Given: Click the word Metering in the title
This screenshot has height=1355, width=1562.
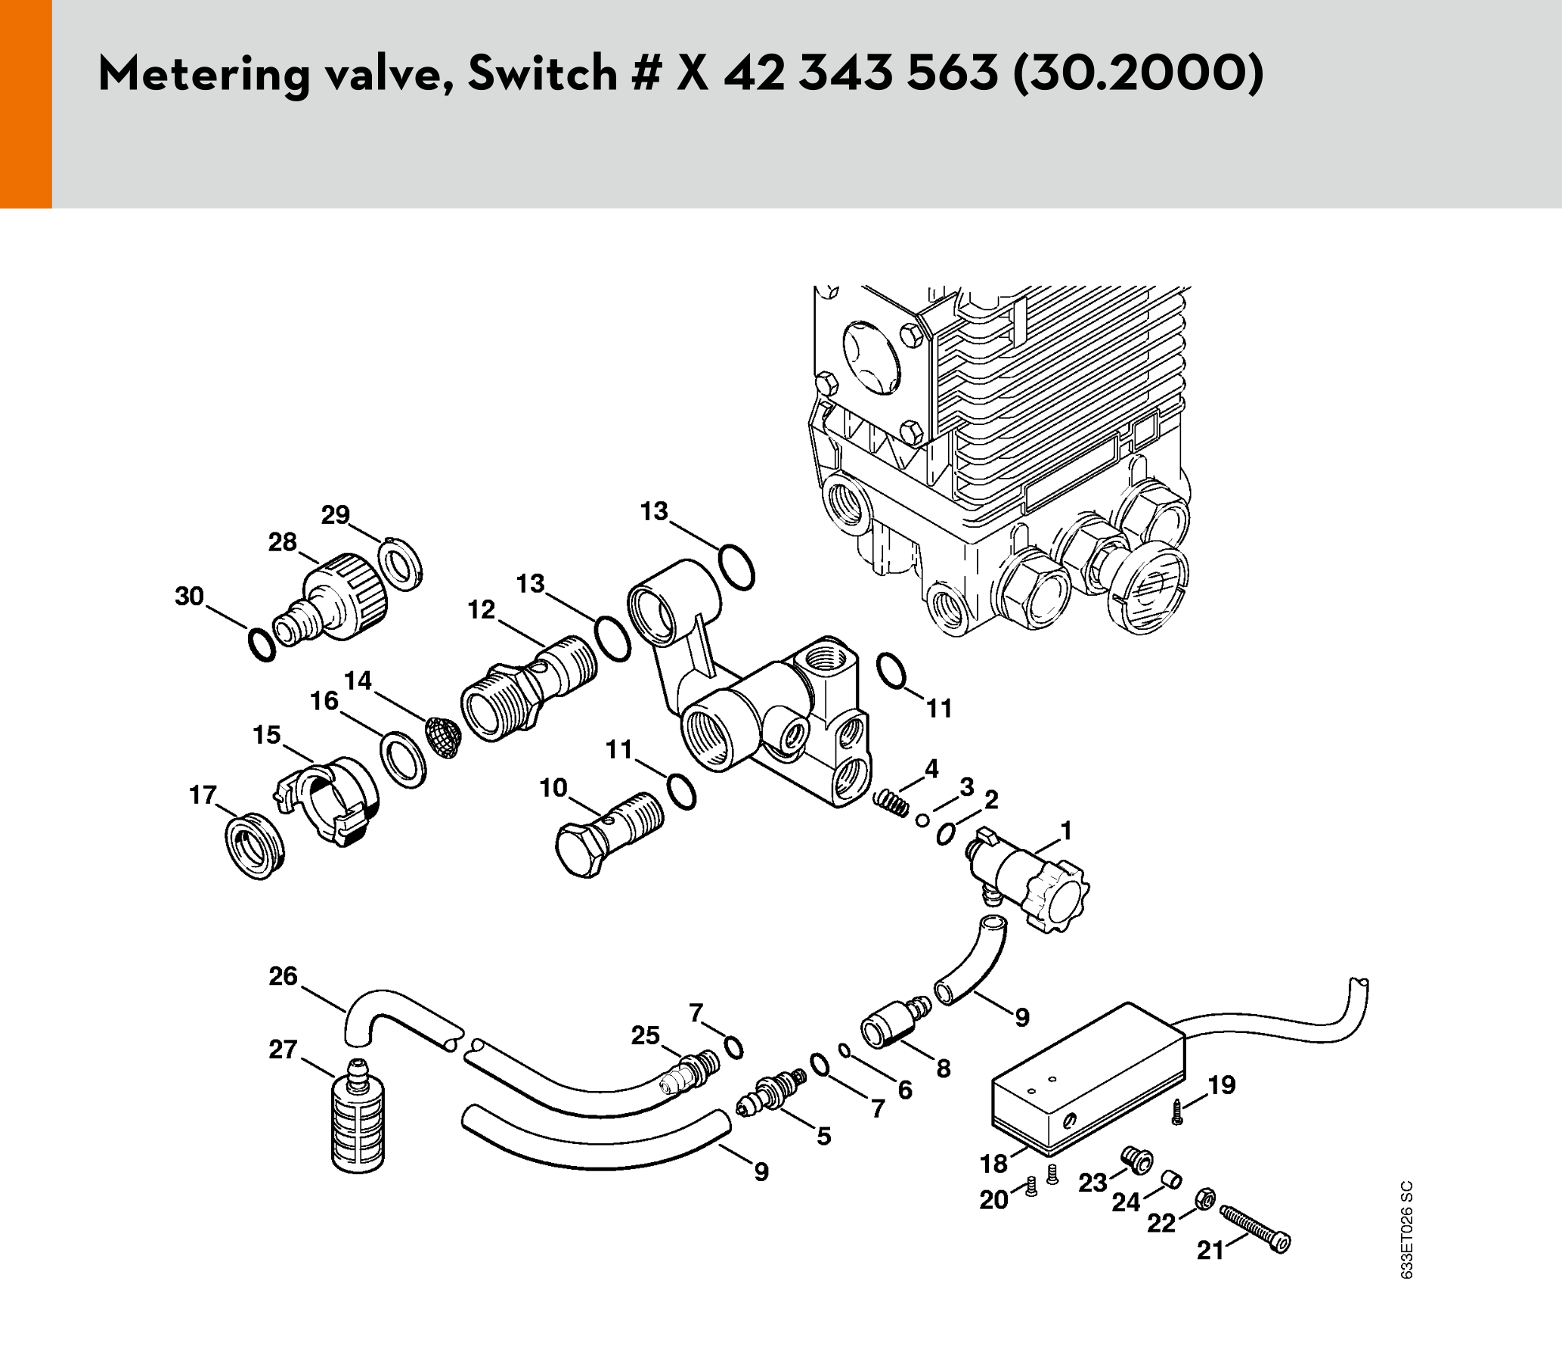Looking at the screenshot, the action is [x=205, y=74].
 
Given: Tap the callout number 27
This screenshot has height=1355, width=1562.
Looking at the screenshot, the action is [x=283, y=1050].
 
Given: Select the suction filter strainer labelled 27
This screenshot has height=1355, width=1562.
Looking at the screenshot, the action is [x=358, y=1116].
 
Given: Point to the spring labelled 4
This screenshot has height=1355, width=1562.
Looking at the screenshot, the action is [x=891, y=802].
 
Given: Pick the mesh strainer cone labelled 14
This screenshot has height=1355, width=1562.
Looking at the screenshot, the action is [x=443, y=737].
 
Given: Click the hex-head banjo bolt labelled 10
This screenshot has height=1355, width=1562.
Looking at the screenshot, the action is [x=609, y=834].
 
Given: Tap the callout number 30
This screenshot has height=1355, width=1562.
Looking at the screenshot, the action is [x=190, y=596].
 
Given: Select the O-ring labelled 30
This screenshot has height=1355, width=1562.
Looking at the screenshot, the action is [x=262, y=645].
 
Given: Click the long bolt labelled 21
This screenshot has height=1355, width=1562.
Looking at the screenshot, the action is [x=1256, y=1229].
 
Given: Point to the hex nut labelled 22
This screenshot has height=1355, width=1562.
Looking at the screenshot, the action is [x=1205, y=1198].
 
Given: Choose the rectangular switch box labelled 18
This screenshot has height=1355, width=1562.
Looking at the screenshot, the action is [x=1088, y=1079].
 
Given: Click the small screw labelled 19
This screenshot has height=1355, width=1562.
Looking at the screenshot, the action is [x=1177, y=1112].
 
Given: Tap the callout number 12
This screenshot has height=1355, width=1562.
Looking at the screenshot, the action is [x=482, y=609].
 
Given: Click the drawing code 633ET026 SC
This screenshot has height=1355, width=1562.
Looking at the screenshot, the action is [x=1406, y=1230].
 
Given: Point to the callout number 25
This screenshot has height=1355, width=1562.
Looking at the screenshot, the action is [x=646, y=1035].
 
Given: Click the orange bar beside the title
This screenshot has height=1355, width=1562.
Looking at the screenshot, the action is [x=26, y=104].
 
